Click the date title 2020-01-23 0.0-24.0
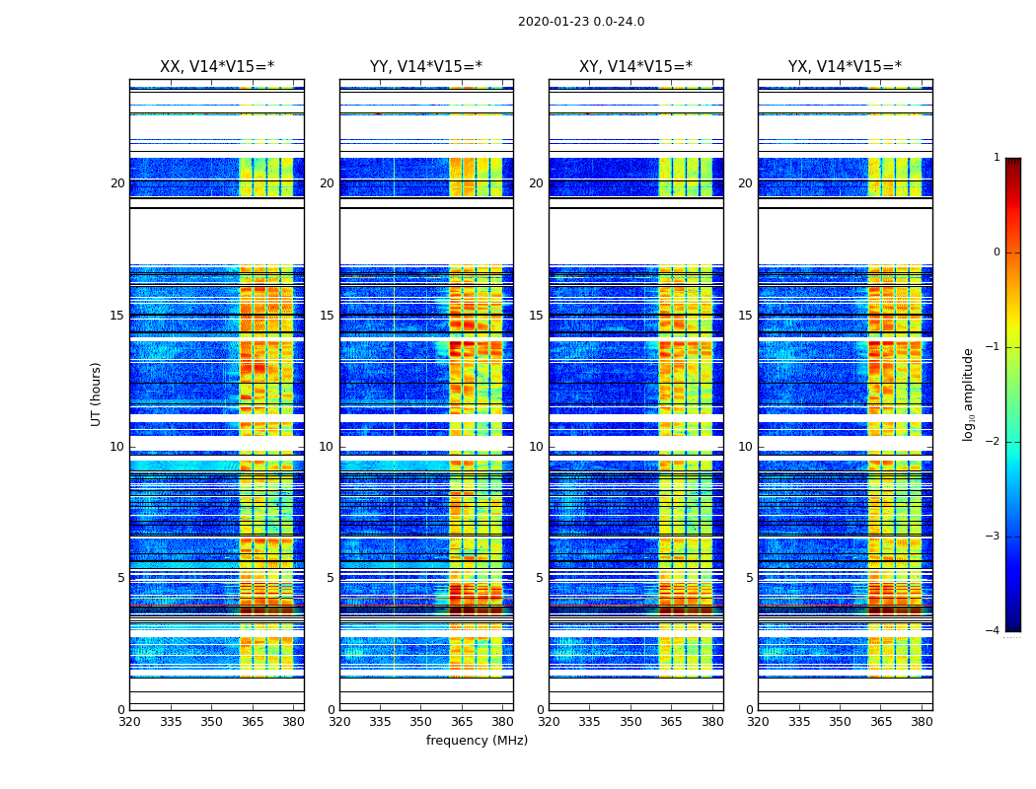pos(581,22)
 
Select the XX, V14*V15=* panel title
pos(217,67)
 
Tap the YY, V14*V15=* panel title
pos(426,67)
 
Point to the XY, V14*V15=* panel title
pos(635,67)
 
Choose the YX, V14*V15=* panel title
pos(845,67)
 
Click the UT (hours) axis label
pos(97,394)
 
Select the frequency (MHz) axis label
pos(477,741)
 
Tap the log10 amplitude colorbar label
pos(969,394)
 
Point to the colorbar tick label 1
pos(997,158)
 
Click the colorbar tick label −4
pos(995,631)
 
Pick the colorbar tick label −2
pos(995,442)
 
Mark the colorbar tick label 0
pos(997,252)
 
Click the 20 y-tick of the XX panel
pos(117,183)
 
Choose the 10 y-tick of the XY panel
pos(536,447)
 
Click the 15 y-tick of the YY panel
pos(327,316)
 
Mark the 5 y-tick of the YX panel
pos(749,578)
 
